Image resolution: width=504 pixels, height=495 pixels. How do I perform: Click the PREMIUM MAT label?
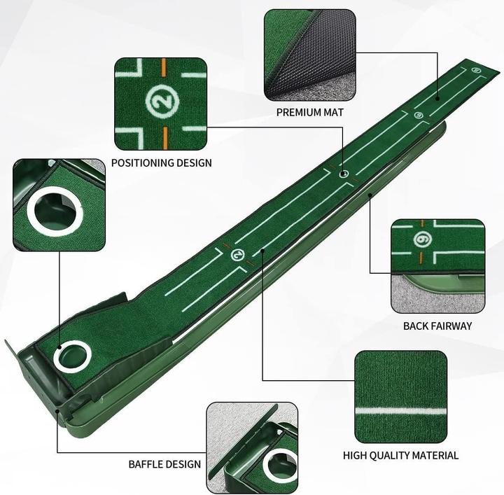(x=309, y=112)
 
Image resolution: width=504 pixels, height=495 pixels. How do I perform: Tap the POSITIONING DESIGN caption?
(x=161, y=163)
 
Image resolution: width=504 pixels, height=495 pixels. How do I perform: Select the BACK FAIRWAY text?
(x=437, y=326)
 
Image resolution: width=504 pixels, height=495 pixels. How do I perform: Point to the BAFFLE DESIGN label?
(x=164, y=464)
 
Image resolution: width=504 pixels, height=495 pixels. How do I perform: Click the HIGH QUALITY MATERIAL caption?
(x=400, y=456)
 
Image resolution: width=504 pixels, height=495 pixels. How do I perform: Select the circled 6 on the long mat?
(x=418, y=116)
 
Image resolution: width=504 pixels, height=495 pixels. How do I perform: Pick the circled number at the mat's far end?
(x=477, y=69)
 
